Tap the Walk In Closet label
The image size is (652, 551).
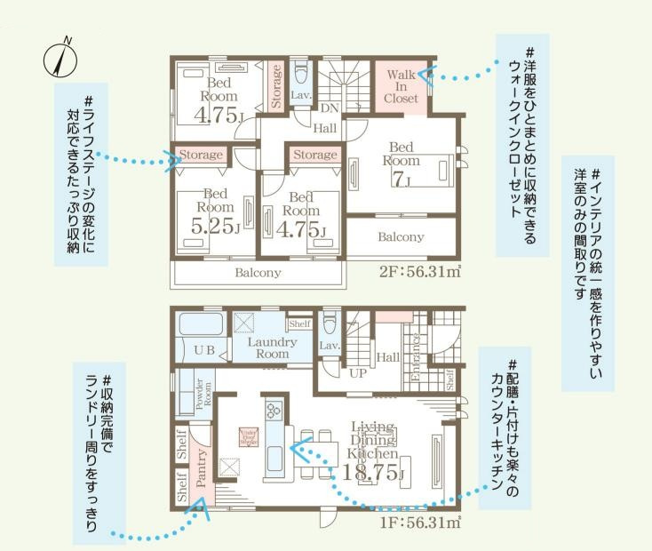click(x=401, y=86)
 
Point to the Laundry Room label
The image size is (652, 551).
click(x=272, y=347)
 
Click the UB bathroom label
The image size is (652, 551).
click(x=203, y=350)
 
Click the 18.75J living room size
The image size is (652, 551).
click(x=367, y=470)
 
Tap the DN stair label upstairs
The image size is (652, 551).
click(x=330, y=108)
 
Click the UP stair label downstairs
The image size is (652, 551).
click(x=357, y=373)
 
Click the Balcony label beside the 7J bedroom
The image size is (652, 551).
click(x=401, y=237)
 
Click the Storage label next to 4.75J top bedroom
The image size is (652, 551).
click(x=275, y=85)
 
